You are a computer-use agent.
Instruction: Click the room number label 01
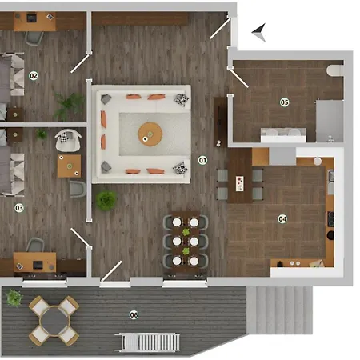pos(202,160)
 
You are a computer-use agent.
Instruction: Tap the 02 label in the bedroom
pos(33,76)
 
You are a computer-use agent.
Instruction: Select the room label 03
pos(19,207)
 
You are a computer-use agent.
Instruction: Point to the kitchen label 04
pos(282,218)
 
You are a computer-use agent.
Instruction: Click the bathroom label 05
pos(284,102)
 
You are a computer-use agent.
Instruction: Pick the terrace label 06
pos(134,314)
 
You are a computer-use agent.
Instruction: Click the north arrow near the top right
pos(258,32)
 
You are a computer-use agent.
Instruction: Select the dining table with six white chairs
pos(186,239)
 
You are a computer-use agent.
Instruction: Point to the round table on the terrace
pos(54,319)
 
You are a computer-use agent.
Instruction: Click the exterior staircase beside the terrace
pos(279,308)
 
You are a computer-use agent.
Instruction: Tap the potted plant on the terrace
pos(14,298)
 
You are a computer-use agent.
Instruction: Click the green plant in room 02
pos(70,102)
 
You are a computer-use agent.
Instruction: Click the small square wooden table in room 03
pos(70,166)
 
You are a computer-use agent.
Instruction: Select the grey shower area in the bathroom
pos(330,118)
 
